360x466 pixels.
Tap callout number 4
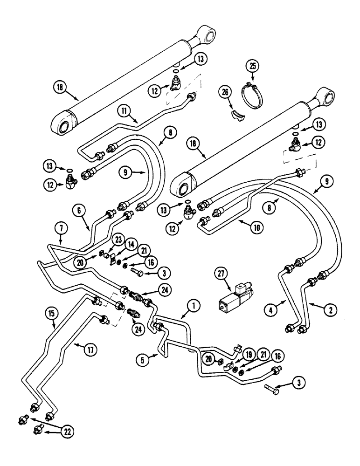pyautogui.click(x=269, y=308)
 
